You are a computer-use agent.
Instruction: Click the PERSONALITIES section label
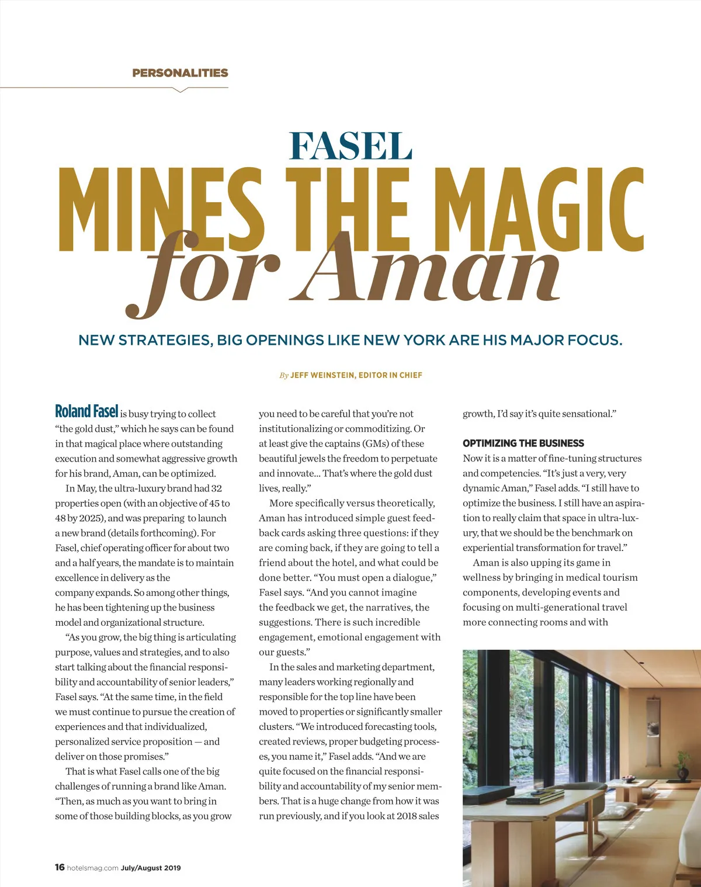180,73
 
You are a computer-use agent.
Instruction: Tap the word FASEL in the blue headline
350,146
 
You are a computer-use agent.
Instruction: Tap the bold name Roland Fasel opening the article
86,411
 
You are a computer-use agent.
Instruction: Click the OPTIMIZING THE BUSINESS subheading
523,443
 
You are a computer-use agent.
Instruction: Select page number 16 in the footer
60,867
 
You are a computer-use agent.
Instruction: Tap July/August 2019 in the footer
151,868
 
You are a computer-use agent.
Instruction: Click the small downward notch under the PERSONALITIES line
181,90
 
